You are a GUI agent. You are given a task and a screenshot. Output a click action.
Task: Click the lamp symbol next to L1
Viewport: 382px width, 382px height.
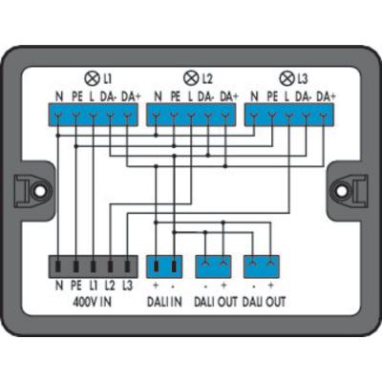pos(92,78)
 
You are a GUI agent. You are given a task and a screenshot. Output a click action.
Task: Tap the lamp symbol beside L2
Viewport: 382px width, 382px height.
pos(190,78)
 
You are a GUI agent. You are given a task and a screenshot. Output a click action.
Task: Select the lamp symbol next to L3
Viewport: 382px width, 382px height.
pos(286,78)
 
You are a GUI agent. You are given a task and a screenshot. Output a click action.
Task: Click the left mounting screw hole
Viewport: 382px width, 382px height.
pos(40,191)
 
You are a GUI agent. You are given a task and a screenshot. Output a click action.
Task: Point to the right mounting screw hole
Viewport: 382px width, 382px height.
pos(341,191)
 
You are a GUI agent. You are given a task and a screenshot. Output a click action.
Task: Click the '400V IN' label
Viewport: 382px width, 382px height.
pos(93,302)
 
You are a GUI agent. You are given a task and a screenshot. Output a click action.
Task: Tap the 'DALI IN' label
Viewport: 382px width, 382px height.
pos(164,302)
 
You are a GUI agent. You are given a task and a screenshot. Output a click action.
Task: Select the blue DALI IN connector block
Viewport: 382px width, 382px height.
pos(164,266)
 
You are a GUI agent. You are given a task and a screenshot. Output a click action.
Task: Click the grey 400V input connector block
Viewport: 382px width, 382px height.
pos(93,266)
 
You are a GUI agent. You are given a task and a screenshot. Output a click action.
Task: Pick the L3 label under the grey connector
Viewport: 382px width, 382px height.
pos(127,286)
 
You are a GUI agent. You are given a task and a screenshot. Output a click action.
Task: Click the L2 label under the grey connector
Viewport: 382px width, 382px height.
pos(110,286)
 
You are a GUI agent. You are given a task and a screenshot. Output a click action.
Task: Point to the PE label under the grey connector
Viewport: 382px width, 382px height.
pos(75,286)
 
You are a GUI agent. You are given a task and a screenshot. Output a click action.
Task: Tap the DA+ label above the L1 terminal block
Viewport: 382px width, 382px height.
pos(131,96)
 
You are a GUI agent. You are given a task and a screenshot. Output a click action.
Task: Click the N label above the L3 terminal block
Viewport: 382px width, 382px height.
pos(254,96)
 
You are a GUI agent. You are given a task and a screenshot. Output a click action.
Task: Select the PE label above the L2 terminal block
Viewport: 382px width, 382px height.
pos(176,96)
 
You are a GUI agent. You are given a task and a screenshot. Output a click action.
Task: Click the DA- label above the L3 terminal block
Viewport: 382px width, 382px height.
pos(303,96)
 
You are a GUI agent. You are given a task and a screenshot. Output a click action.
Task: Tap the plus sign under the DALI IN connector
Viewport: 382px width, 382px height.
pos(156,286)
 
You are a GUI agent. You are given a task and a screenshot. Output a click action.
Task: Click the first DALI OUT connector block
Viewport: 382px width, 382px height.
pos(213,266)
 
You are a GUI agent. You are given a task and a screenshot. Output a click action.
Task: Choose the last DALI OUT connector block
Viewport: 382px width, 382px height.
pos(262,266)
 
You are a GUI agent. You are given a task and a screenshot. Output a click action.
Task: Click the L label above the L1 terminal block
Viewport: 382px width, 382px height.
pos(92,96)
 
